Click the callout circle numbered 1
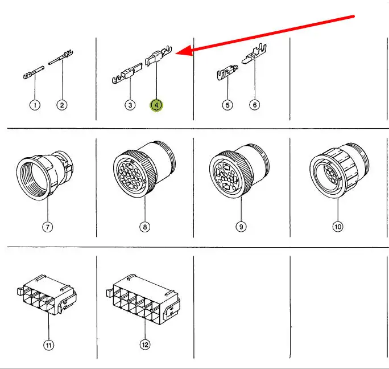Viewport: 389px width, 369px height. (35, 105)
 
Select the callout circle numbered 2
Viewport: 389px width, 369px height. (62, 105)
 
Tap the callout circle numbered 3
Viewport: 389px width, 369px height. (130, 105)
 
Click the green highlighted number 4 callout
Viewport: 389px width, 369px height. (156, 105)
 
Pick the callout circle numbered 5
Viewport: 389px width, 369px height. (227, 105)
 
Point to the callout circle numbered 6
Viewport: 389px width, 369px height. (255, 105)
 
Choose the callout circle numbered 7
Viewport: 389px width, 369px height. (47, 227)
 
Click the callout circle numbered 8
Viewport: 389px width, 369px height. (145, 227)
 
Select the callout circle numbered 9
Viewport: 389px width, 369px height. (241, 227)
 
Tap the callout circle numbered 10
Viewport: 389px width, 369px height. (338, 227)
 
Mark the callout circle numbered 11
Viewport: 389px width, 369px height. (49, 345)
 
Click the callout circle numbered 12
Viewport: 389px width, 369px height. (145, 345)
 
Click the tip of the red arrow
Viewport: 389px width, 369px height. (176, 53)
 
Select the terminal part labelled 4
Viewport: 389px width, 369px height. (158, 56)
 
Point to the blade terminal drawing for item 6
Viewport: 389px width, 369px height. (254, 54)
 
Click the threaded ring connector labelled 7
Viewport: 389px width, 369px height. (45, 175)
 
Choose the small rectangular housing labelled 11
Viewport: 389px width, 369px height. (47, 295)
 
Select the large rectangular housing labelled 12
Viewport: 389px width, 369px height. (143, 299)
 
